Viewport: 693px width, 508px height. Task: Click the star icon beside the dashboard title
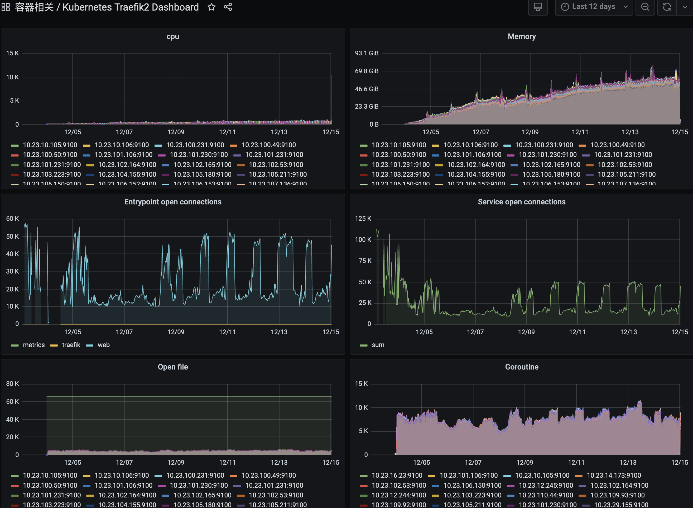click(x=211, y=7)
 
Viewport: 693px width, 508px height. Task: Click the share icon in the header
click(x=228, y=7)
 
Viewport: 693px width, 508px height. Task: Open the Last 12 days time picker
click(x=594, y=7)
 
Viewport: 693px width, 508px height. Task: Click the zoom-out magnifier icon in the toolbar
click(x=645, y=7)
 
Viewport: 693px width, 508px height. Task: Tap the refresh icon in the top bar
click(x=667, y=7)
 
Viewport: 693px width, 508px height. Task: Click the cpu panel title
click(x=173, y=37)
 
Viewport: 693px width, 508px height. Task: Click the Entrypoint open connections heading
click(x=173, y=202)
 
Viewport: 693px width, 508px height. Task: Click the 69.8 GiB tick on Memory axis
click(x=367, y=71)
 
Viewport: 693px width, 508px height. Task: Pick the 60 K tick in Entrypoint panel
click(x=12, y=219)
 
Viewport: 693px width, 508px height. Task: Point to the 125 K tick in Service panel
click(x=363, y=219)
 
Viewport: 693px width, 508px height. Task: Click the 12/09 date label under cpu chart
click(x=176, y=132)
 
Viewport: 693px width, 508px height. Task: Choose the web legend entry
click(x=104, y=345)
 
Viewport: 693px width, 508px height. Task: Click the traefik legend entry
click(x=71, y=345)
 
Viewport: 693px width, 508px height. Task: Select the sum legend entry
click(x=378, y=345)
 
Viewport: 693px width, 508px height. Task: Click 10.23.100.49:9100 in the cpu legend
click(x=268, y=145)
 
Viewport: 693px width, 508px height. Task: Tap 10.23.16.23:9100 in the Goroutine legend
click(x=397, y=475)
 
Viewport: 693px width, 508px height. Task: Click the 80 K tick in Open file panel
click(x=12, y=384)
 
